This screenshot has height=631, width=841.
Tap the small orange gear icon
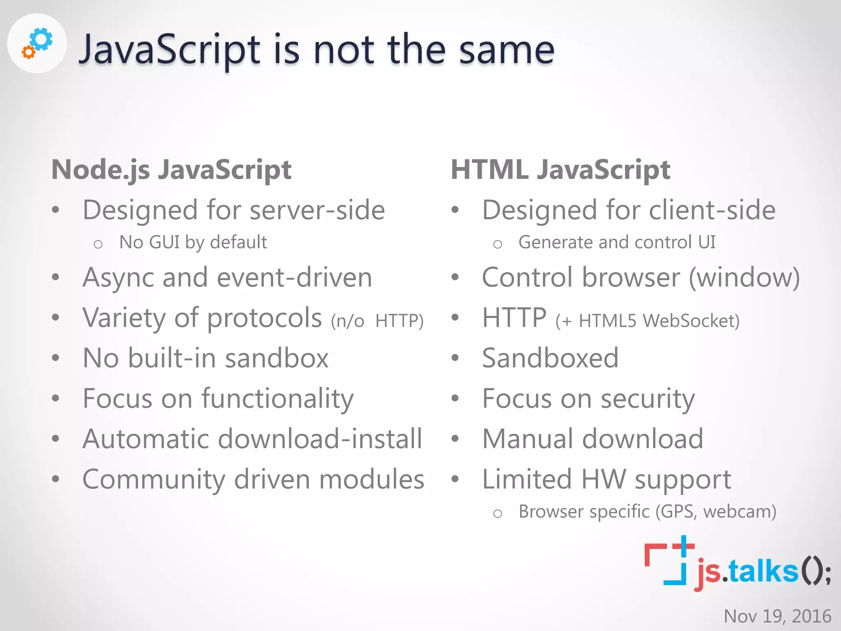point(28,52)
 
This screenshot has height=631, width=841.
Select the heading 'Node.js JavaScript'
point(171,170)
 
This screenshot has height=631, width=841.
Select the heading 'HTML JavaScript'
point(561,170)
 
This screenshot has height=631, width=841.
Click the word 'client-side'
point(712,210)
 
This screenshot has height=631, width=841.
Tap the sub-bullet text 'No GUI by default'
point(193,242)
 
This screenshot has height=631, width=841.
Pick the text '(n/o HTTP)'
point(377,321)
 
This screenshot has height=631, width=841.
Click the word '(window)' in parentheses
point(744,278)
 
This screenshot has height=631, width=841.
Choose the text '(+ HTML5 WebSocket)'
point(647,321)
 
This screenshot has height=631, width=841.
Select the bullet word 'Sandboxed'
point(550,358)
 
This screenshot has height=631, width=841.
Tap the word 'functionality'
point(278,399)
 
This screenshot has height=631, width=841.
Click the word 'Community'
point(154,479)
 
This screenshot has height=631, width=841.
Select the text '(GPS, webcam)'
point(715,512)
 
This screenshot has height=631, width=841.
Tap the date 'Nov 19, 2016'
point(777,616)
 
